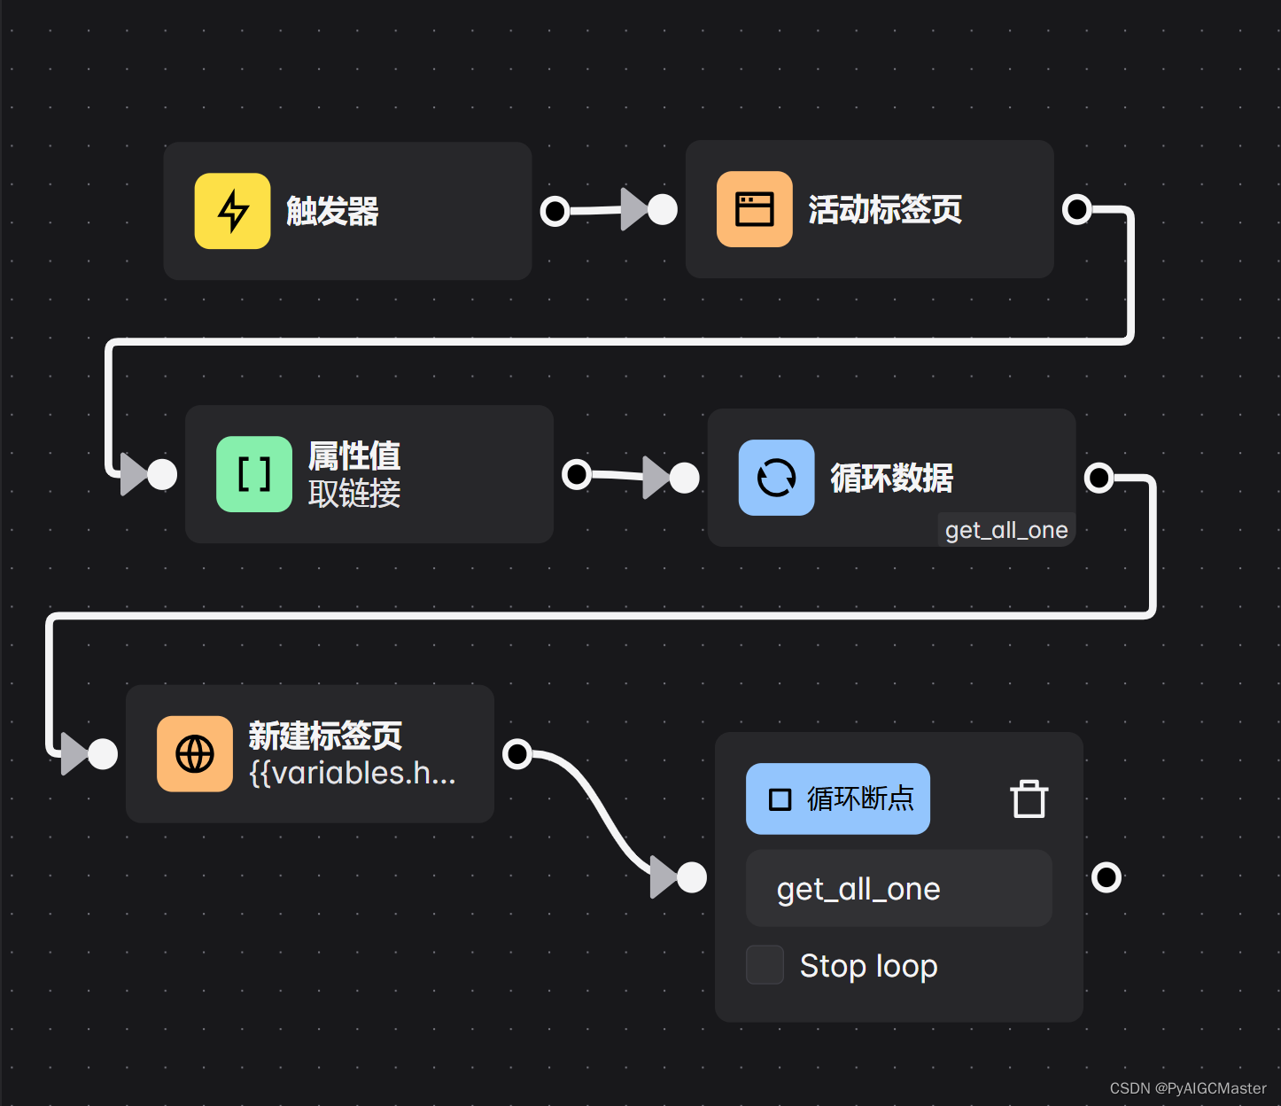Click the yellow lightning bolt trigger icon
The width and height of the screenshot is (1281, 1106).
[232, 211]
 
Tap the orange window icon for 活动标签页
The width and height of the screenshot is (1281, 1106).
[754, 209]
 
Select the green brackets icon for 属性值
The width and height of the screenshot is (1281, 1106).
[254, 474]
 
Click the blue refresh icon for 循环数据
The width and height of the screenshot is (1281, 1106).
[776, 478]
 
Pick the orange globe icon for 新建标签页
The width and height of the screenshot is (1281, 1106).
[195, 754]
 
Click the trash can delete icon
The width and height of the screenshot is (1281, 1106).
[1029, 798]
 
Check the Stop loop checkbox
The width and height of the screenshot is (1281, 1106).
[765, 965]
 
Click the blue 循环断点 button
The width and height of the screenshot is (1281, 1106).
[837, 798]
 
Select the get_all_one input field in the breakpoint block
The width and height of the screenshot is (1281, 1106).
[898, 888]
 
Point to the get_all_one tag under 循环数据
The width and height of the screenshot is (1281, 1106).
[1006, 530]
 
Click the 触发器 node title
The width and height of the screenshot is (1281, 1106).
[332, 212]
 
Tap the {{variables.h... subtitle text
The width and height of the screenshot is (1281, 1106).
[353, 774]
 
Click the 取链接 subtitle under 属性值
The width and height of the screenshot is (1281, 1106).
[354, 494]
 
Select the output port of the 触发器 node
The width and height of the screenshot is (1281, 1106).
[555, 211]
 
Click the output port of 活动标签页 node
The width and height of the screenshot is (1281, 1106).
[1076, 209]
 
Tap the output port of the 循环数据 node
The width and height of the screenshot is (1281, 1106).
[1099, 478]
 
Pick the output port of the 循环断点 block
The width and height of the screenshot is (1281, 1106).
[1106, 877]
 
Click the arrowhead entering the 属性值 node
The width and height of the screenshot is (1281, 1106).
[134, 474]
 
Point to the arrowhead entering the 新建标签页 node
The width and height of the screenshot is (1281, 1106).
[74, 754]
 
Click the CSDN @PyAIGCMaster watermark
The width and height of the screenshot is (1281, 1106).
[1187, 1088]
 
